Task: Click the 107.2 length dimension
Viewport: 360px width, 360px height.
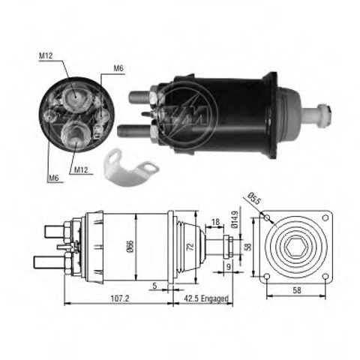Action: pyautogui.click(x=120, y=298)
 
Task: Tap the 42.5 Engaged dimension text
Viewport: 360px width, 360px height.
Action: pyautogui.click(x=206, y=298)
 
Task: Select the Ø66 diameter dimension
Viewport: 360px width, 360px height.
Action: pyautogui.click(x=130, y=247)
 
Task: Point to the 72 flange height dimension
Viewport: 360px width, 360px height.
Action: pyautogui.click(x=190, y=247)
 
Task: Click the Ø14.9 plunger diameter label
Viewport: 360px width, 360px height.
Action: pyautogui.click(x=234, y=220)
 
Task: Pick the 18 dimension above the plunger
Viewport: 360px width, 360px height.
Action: pyautogui.click(x=215, y=222)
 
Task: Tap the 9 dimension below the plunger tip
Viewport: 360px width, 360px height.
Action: pyautogui.click(x=228, y=267)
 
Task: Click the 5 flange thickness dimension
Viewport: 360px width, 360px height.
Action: pyautogui.click(x=154, y=286)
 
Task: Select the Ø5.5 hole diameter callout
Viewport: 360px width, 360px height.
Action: pyautogui.click(x=254, y=199)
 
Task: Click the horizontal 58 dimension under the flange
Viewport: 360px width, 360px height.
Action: pyautogui.click(x=297, y=290)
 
